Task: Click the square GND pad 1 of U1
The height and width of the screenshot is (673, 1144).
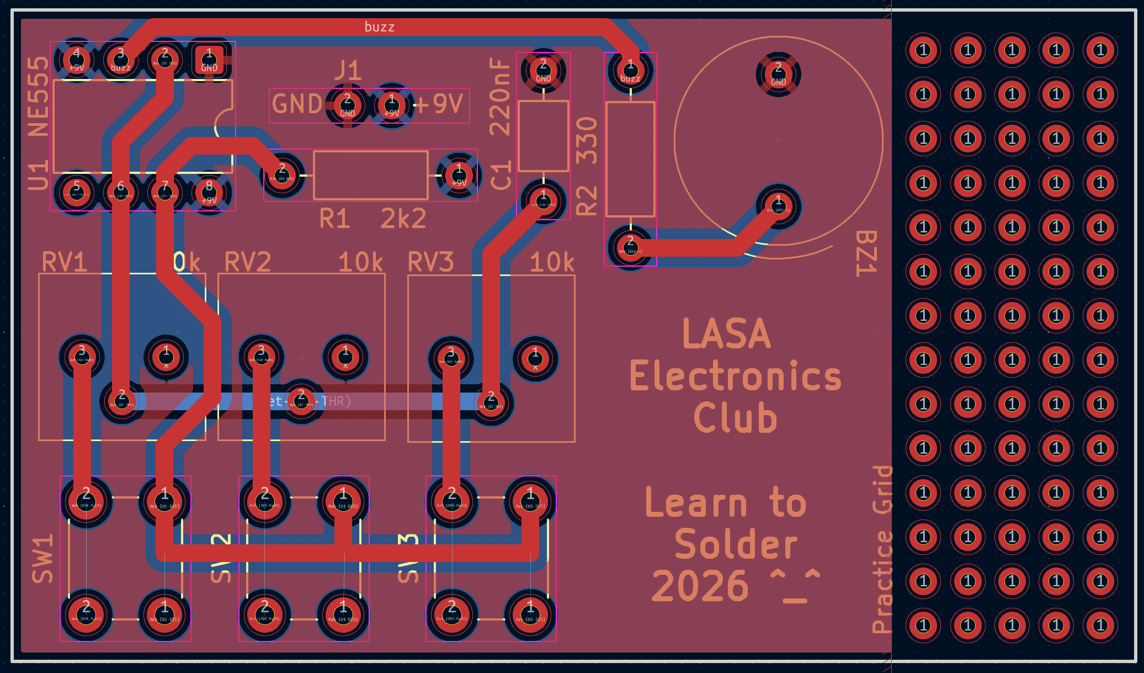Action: point(209,59)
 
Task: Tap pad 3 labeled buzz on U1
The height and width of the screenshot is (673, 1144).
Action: point(120,59)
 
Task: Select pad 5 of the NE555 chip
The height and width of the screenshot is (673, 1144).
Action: point(77,192)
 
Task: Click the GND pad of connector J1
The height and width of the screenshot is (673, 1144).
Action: point(347,105)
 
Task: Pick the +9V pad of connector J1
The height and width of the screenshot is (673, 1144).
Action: point(392,105)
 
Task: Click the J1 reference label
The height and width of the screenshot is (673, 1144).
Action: point(348,71)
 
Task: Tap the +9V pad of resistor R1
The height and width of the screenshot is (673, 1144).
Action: point(459,175)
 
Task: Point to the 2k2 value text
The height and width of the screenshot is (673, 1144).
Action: point(403,219)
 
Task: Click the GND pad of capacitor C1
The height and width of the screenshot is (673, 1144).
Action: point(543,71)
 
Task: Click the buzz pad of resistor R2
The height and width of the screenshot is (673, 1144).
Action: point(630,71)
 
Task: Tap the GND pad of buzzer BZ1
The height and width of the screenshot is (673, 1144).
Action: point(778,74)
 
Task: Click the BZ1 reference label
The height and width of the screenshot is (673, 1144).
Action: point(866,253)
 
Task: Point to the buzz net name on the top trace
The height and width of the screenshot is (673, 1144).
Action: point(379,27)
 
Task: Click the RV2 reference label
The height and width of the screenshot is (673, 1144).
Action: point(248,262)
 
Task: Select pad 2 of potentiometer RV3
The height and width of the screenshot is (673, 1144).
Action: point(491,401)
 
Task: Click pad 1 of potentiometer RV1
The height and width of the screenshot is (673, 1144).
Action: point(166,357)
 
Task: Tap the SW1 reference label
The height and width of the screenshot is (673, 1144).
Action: point(42,558)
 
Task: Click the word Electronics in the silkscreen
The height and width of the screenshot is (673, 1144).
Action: point(735,376)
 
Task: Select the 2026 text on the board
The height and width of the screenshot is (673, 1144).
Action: point(700,586)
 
